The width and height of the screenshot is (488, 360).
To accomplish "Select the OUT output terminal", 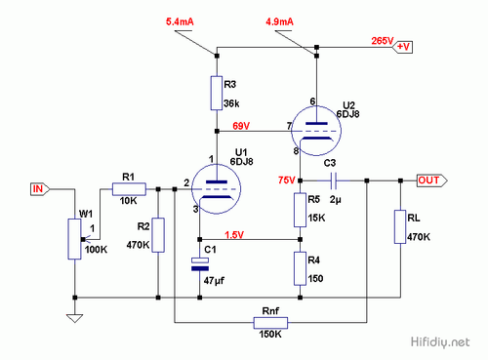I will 428,180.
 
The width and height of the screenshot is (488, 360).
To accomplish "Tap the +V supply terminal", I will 404,45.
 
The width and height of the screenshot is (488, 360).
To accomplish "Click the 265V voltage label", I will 382,42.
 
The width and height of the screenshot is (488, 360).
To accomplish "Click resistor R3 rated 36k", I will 217,93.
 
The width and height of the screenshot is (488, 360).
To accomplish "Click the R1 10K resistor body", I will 128,188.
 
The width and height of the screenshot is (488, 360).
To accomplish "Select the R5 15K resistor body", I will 301,208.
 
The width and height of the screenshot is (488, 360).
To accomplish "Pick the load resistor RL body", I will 400,226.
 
